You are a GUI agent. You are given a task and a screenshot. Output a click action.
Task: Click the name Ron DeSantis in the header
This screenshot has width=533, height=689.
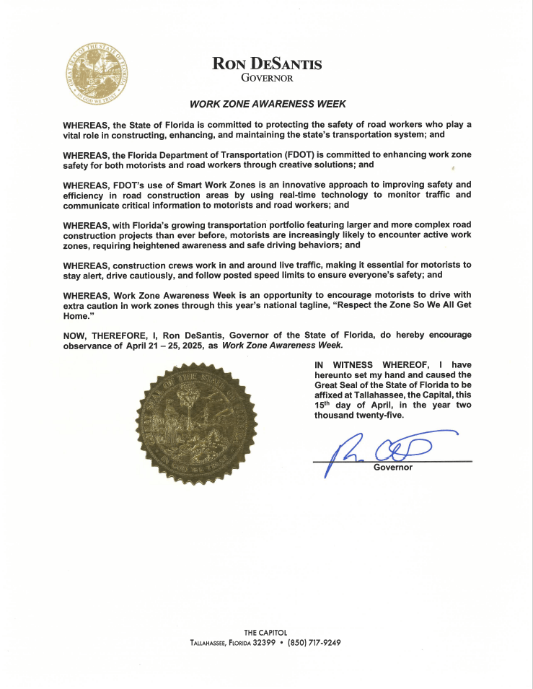point(267,63)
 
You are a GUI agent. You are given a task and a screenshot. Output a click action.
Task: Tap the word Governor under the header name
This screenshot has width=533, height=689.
point(267,78)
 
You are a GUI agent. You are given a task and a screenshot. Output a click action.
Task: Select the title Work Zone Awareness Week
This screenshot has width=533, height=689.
point(268,104)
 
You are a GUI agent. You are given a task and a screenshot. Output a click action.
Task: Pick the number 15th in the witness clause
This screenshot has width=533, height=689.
point(322,405)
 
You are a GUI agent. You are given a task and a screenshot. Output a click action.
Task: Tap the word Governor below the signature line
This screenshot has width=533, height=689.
point(392,468)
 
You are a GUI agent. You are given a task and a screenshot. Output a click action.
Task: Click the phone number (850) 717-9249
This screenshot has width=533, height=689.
point(314,642)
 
